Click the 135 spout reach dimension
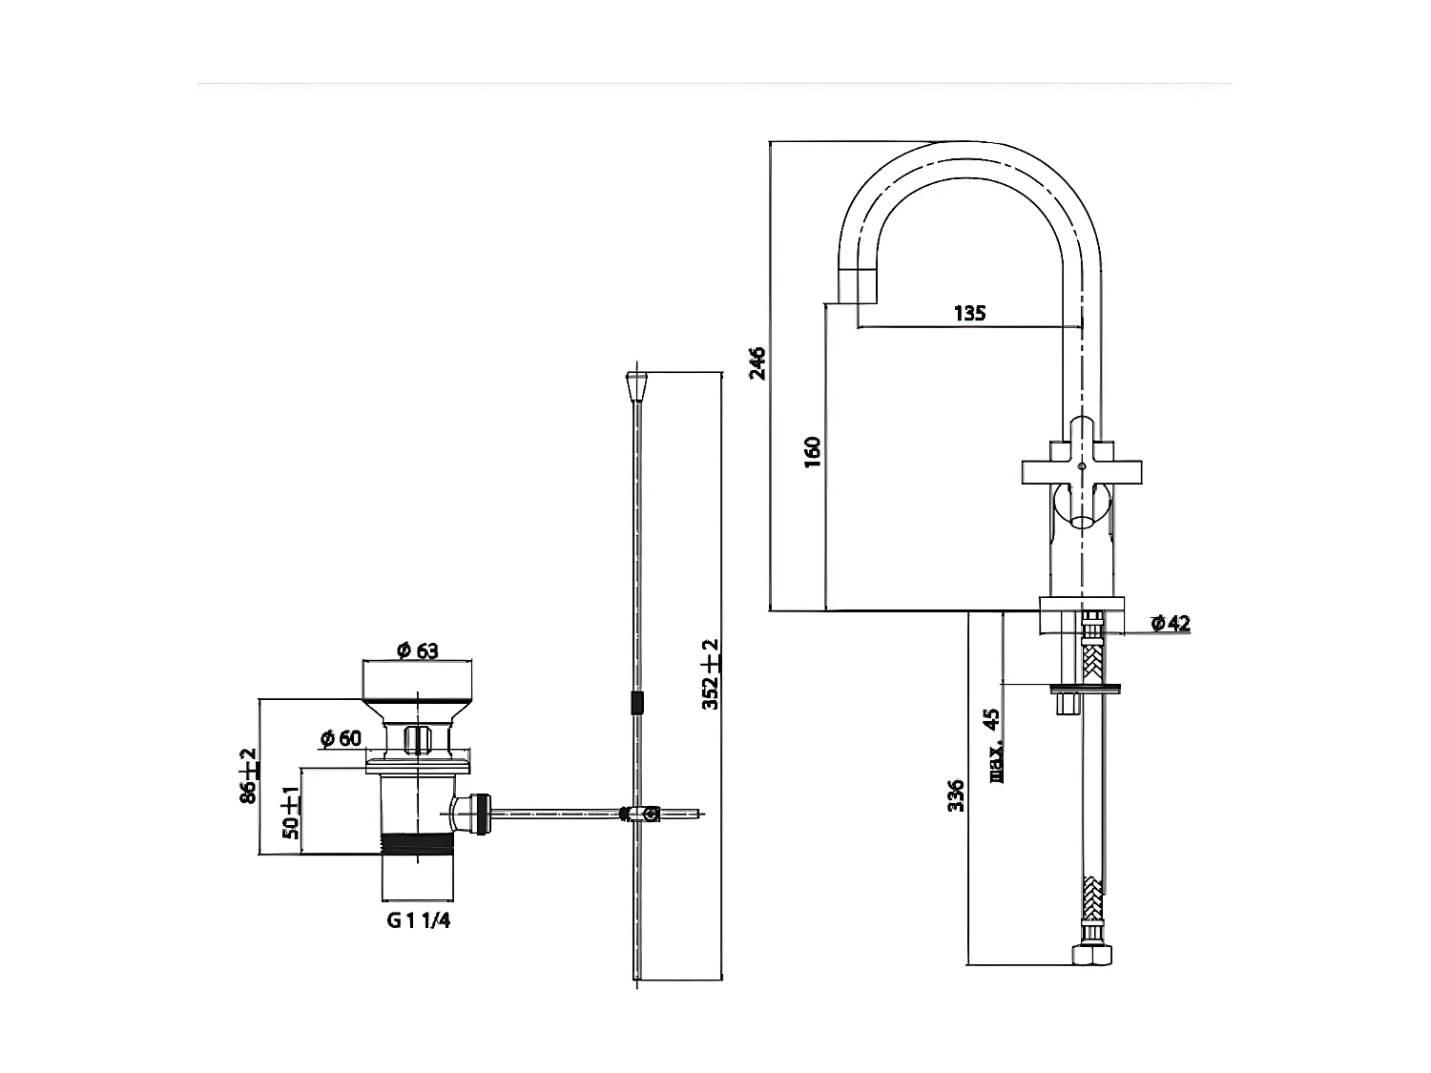(968, 313)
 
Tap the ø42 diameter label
(1171, 624)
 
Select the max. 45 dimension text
(993, 745)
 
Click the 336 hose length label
(956, 795)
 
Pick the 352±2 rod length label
(710, 674)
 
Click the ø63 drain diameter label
(417, 650)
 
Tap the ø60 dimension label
(341, 737)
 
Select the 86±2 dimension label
(248, 776)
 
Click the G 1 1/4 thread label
(418, 920)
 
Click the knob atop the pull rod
(634, 388)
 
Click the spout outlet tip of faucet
(857, 285)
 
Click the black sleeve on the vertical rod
(635, 704)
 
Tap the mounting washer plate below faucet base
(1085, 687)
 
